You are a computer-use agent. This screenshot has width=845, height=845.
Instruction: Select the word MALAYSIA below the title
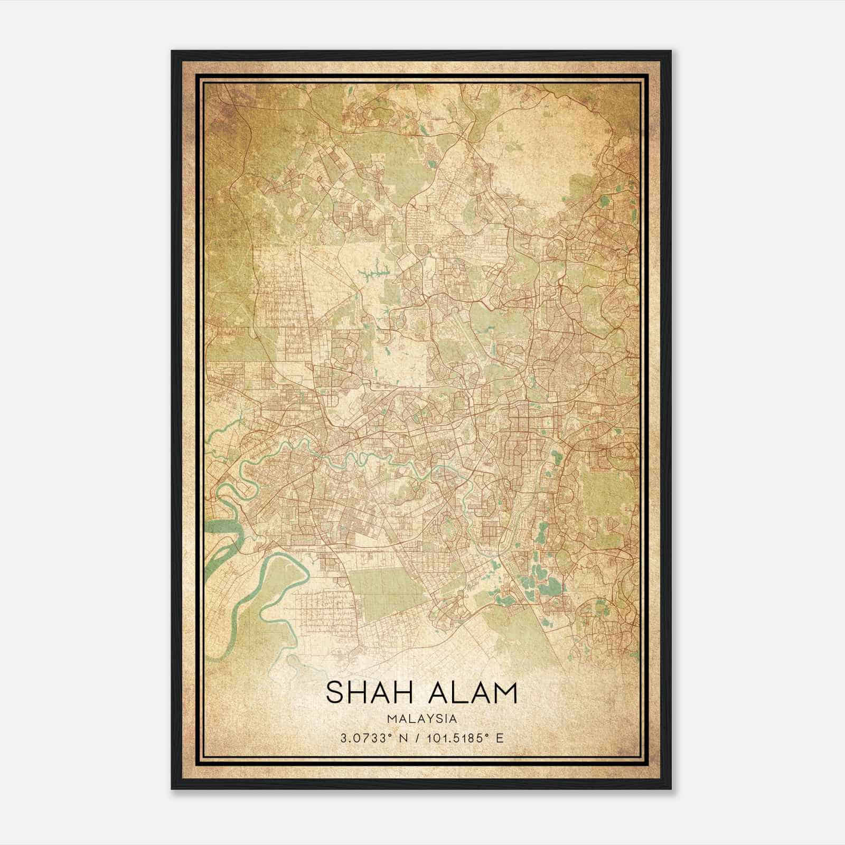pos(421,719)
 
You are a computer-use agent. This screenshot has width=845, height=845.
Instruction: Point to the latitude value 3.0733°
pos(364,738)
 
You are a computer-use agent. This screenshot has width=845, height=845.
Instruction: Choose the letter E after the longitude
pos(500,738)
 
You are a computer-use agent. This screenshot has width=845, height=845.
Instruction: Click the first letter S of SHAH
pos(335,693)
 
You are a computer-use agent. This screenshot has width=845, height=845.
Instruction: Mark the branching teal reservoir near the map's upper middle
pos(374,273)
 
